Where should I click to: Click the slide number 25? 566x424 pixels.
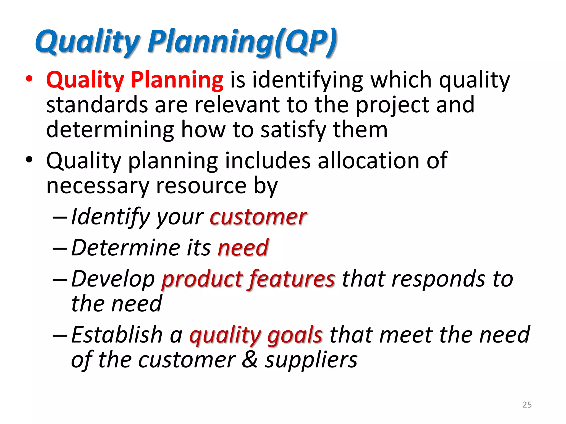[x=527, y=404]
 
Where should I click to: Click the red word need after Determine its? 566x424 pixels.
[x=243, y=248]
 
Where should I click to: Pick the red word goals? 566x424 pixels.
[x=295, y=335]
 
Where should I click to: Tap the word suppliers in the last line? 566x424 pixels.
[x=311, y=360]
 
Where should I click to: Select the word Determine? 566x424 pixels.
[x=126, y=248]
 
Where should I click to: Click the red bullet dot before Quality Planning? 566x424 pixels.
[x=29, y=79]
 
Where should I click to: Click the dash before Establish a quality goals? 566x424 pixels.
[x=60, y=335]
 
